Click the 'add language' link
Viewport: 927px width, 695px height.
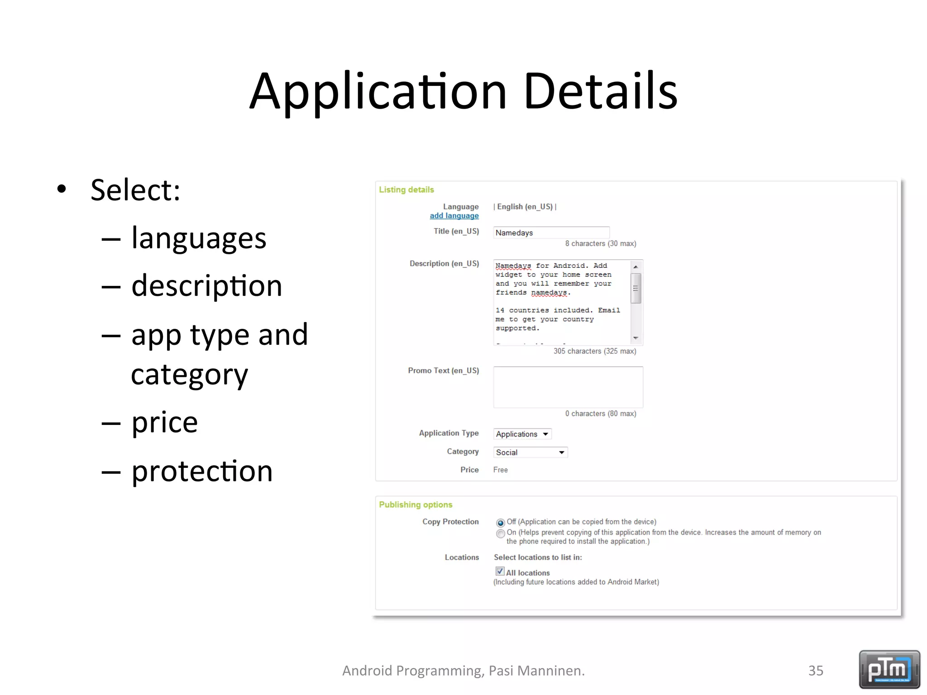[x=454, y=216]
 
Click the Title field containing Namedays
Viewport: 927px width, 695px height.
[x=551, y=233]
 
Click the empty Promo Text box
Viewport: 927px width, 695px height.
[x=568, y=387]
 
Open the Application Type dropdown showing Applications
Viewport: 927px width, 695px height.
[x=522, y=434]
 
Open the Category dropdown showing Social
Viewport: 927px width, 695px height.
[x=530, y=452]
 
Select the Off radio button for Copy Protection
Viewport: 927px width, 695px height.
[x=500, y=523]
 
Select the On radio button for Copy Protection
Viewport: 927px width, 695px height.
[x=500, y=533]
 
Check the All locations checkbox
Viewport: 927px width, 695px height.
[x=500, y=571]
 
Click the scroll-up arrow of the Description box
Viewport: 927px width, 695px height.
[x=636, y=267]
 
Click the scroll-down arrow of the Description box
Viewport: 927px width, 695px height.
[x=636, y=338]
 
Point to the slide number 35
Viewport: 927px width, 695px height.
[x=816, y=671]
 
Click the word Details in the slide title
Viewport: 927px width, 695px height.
[x=600, y=92]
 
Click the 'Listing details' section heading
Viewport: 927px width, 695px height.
[x=406, y=190]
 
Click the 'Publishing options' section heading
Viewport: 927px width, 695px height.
[x=416, y=505]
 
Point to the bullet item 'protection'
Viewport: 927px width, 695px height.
[x=202, y=471]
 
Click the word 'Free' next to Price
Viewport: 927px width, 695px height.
[x=500, y=470]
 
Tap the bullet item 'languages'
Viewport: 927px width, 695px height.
[x=199, y=238]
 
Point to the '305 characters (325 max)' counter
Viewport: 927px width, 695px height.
[x=594, y=351]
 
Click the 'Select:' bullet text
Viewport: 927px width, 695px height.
[x=135, y=190]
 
